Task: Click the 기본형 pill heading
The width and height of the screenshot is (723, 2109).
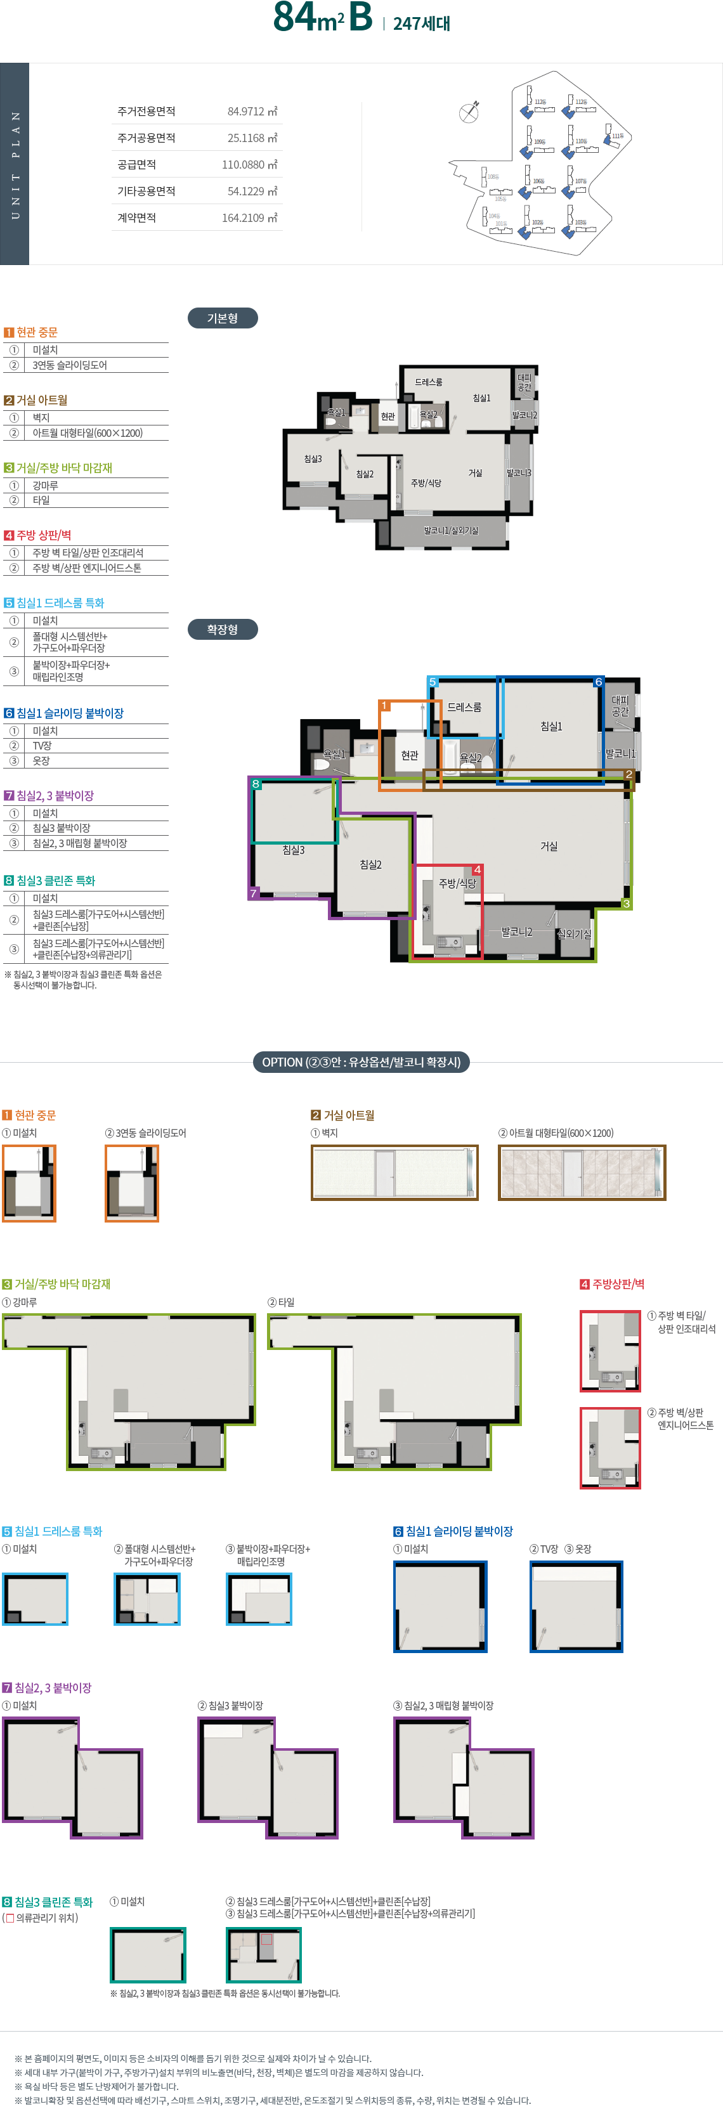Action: (x=222, y=318)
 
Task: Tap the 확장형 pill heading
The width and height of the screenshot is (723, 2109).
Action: (x=222, y=630)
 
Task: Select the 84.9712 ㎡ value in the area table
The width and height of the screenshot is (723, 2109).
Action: (x=252, y=112)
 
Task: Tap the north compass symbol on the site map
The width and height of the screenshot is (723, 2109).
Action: (x=469, y=113)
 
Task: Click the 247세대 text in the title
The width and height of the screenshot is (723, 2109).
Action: (x=422, y=23)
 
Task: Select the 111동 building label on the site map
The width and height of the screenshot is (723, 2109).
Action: (x=617, y=136)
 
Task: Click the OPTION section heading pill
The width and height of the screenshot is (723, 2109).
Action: (x=361, y=1062)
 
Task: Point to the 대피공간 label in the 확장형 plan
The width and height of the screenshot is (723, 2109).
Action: (x=620, y=706)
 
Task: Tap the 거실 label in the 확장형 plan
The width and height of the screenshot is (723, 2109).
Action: (x=549, y=847)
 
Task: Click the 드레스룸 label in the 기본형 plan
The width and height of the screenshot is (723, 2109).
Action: (x=428, y=382)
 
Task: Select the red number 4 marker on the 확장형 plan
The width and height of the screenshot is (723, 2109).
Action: (x=478, y=869)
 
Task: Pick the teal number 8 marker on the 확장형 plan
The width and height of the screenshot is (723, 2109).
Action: (x=256, y=784)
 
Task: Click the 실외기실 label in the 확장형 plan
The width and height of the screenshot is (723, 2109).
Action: (x=574, y=933)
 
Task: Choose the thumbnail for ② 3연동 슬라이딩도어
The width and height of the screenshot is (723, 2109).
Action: (x=132, y=1183)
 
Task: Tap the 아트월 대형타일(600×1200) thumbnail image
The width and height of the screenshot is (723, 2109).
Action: (x=582, y=1172)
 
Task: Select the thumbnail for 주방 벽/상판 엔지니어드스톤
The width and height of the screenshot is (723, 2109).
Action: (x=610, y=1448)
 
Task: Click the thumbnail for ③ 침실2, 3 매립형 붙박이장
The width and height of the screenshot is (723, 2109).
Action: (x=464, y=1777)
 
